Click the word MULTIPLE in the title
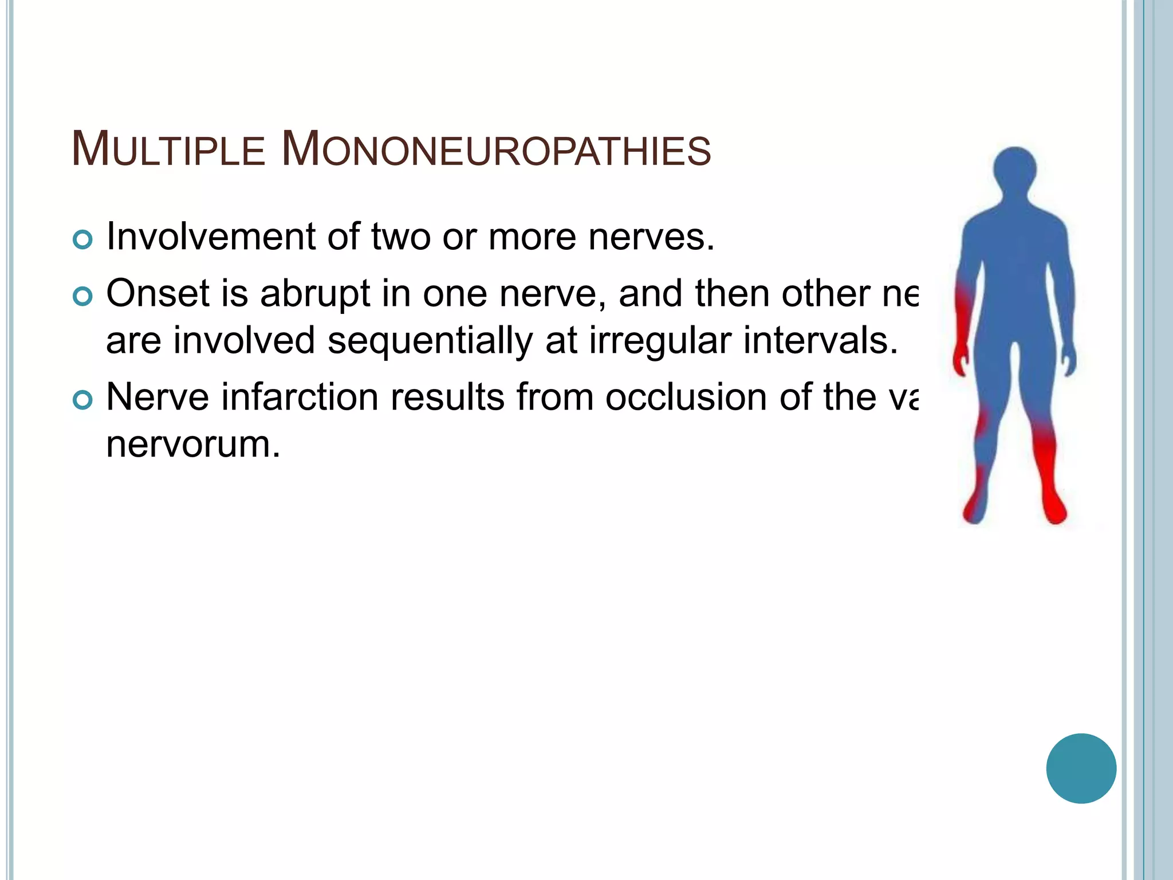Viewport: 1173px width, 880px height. pyautogui.click(x=168, y=150)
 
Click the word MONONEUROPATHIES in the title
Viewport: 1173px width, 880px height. pyautogui.click(x=496, y=150)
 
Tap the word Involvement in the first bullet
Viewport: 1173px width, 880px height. pyautogui.click(x=211, y=237)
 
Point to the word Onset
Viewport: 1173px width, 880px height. pyautogui.click(x=158, y=294)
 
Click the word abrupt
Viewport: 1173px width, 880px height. pyautogui.click(x=316, y=294)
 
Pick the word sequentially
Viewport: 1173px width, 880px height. pyautogui.click(x=430, y=341)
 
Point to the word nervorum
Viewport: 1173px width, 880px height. pyautogui.click(x=193, y=444)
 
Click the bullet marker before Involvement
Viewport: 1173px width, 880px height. pyautogui.click(x=83, y=239)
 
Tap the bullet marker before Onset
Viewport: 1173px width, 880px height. pyautogui.click(x=83, y=297)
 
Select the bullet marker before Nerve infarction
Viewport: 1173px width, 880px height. pyautogui.click(x=83, y=400)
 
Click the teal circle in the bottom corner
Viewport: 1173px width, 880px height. pyautogui.click(x=1081, y=768)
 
